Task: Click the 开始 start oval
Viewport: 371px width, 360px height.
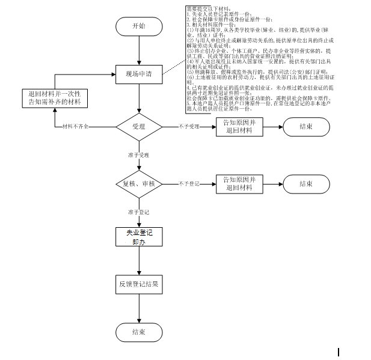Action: coord(139,27)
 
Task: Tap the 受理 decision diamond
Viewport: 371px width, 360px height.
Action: coord(139,127)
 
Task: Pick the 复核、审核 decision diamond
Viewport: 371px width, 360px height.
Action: coord(139,183)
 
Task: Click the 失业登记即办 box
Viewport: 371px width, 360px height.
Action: coord(139,236)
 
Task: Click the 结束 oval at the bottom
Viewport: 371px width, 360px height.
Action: coord(139,331)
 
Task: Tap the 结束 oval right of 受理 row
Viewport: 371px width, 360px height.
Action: coord(305,127)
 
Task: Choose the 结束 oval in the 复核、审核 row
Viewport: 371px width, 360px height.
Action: coord(305,184)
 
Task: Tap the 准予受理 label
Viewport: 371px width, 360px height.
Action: coord(138,154)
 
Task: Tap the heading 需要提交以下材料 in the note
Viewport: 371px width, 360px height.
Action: coord(204,10)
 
